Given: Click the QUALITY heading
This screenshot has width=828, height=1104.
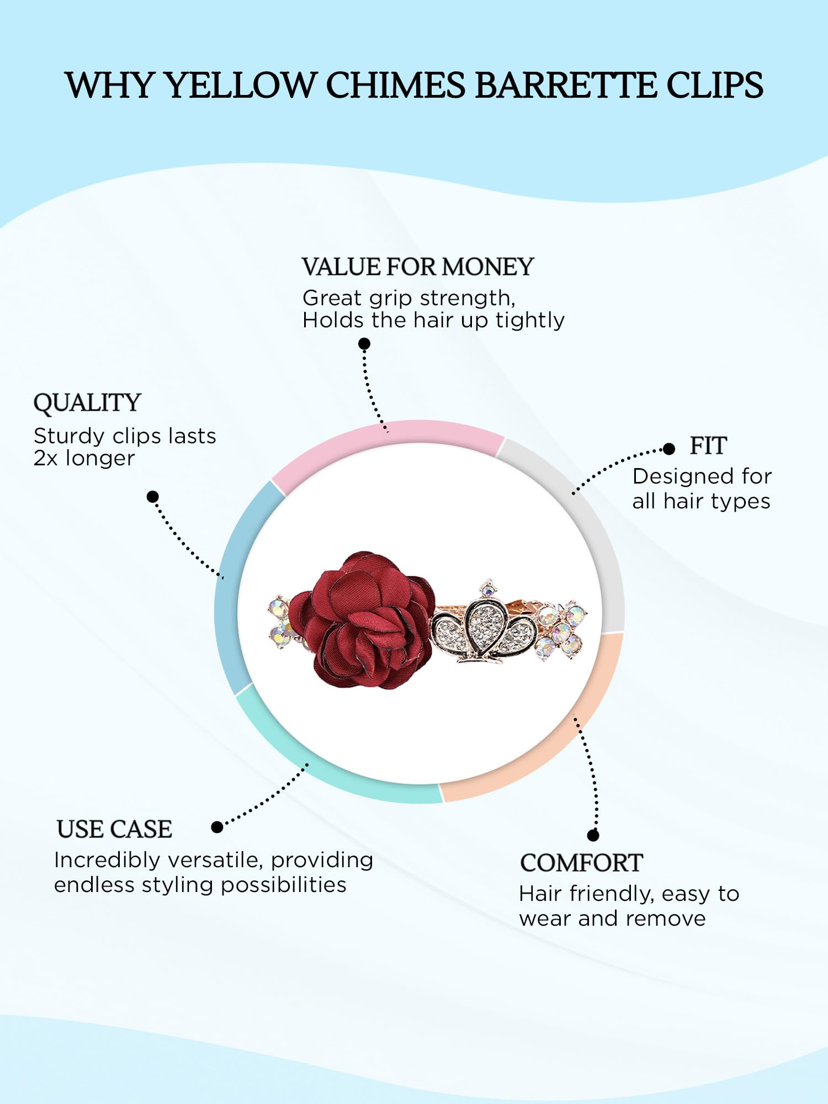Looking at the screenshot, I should [x=87, y=403].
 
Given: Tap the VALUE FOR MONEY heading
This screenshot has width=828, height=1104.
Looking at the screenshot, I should [x=418, y=267].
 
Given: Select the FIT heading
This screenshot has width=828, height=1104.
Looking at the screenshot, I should [x=708, y=446].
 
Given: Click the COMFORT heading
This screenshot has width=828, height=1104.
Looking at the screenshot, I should [x=581, y=863].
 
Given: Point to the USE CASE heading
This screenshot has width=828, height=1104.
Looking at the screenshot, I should [x=114, y=830].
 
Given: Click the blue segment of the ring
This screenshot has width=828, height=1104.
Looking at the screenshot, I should [x=232, y=585].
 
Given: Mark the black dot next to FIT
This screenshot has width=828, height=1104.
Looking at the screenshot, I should [x=669, y=449].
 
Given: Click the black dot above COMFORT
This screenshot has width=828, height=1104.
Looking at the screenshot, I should [x=593, y=835].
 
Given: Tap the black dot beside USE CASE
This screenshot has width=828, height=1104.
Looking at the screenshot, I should [x=217, y=827].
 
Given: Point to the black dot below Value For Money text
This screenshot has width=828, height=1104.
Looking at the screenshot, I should [x=364, y=344].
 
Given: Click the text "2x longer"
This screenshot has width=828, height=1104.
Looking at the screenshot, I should [x=84, y=459].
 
